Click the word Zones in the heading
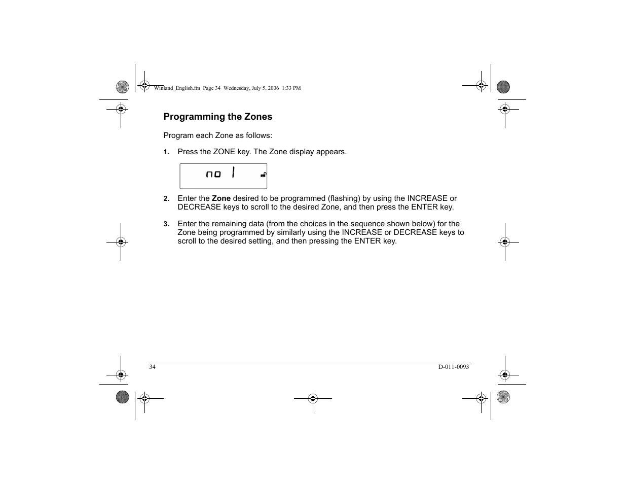(259, 117)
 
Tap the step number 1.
(166, 152)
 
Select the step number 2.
(166, 199)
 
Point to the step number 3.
(166, 224)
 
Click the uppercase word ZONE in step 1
(224, 152)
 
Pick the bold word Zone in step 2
(221, 198)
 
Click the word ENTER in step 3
(367, 241)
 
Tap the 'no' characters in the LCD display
(213, 174)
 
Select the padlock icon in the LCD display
(264, 175)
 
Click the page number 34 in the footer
(153, 367)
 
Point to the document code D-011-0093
(454, 367)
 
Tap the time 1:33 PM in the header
(291, 88)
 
